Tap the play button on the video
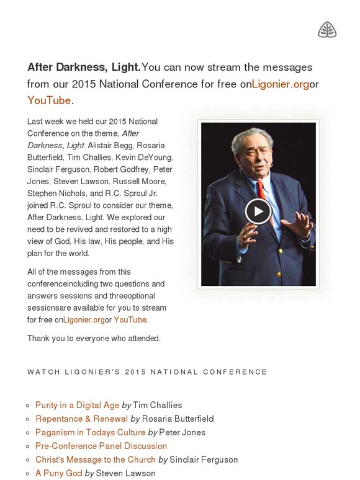click(258, 211)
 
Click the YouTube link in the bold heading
click(49, 100)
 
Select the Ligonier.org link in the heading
click(280, 84)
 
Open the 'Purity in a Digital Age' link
click(77, 405)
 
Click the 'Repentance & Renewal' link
click(81, 419)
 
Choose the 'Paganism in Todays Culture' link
click(90, 432)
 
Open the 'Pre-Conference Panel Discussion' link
click(101, 446)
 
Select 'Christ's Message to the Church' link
click(95, 460)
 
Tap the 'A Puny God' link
click(58, 473)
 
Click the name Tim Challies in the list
click(158, 405)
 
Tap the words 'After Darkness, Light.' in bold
click(84, 67)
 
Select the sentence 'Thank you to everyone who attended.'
click(94, 338)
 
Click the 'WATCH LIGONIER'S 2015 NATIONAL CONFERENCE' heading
click(147, 372)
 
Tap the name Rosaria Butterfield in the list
click(178, 419)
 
